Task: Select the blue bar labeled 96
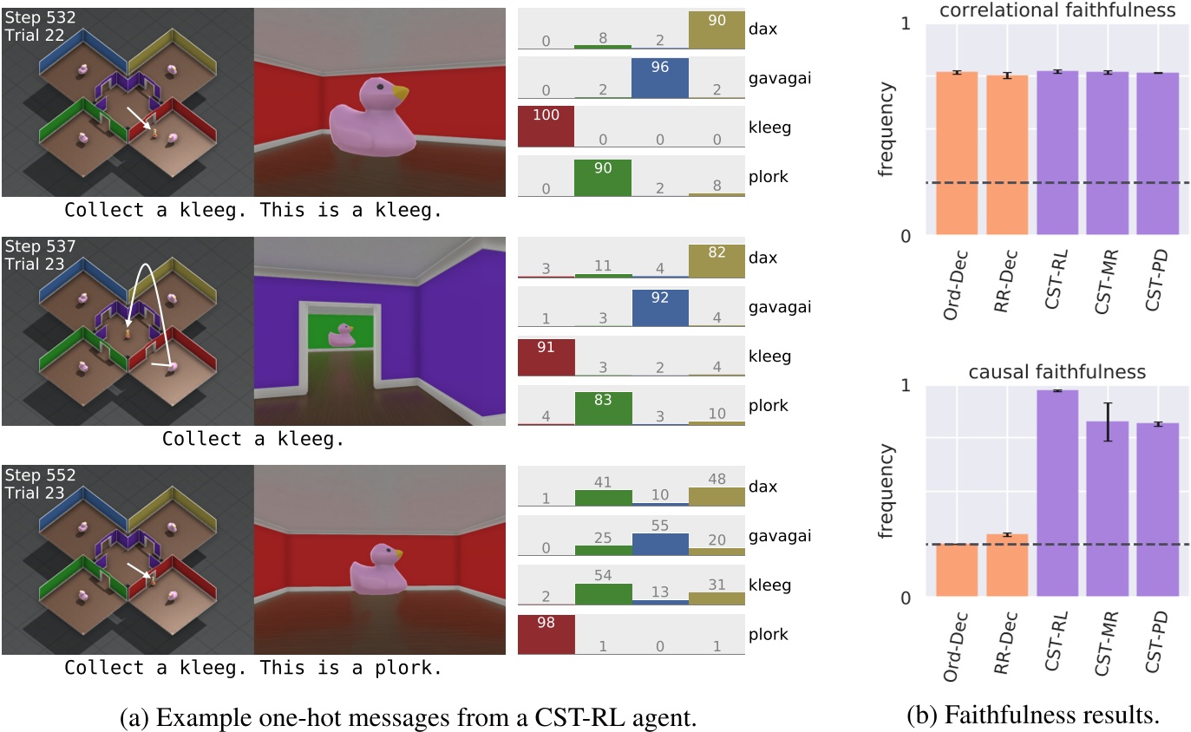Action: tap(659, 78)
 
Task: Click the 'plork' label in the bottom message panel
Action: tap(770, 634)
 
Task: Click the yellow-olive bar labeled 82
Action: tap(717, 261)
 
